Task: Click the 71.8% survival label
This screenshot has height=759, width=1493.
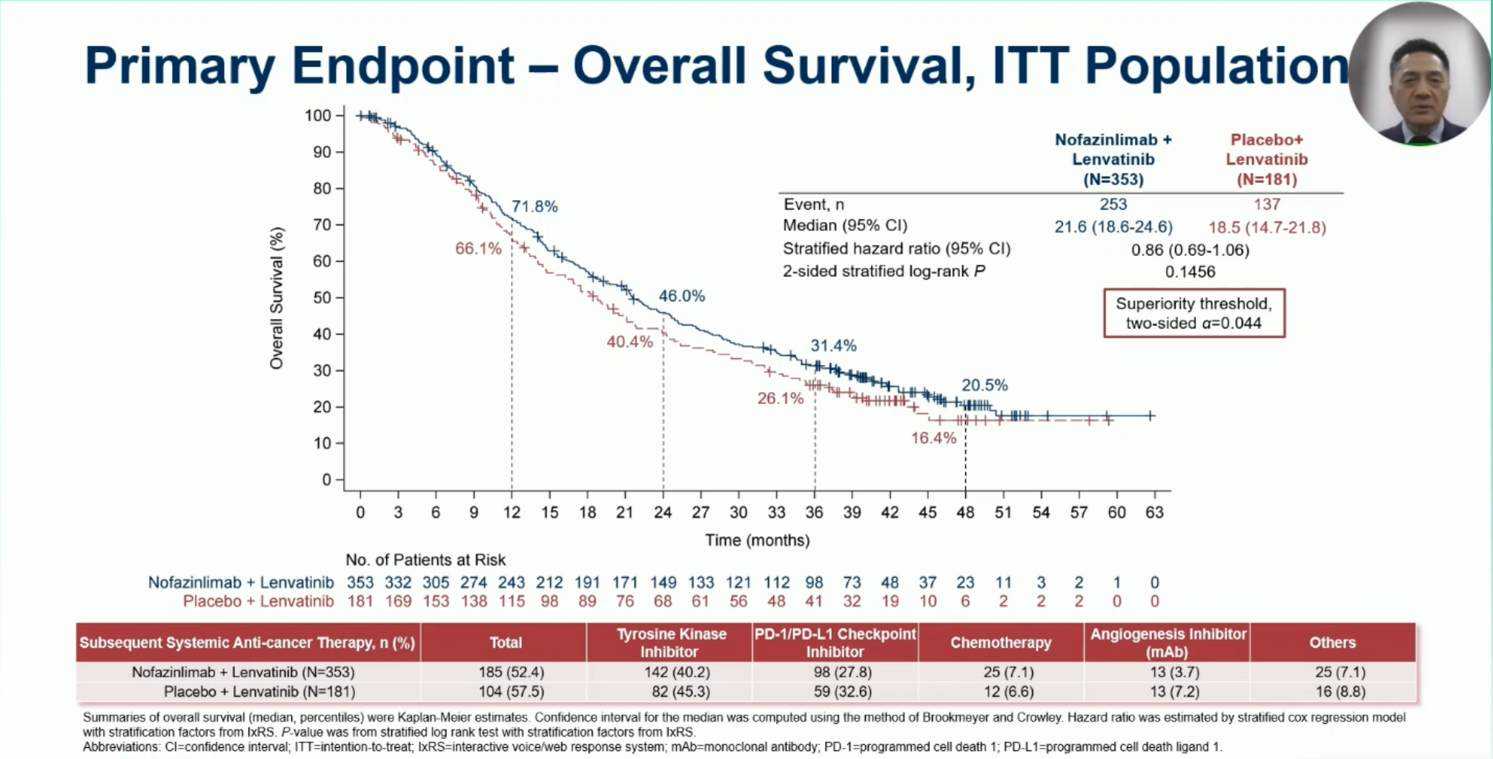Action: [534, 207]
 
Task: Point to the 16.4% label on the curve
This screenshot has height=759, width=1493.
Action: [933, 438]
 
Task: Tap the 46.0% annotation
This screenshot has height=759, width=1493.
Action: [681, 296]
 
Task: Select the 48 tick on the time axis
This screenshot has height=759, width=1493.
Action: [965, 512]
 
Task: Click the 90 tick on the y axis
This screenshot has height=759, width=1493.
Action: [322, 152]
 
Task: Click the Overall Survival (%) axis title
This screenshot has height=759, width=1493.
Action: [277, 298]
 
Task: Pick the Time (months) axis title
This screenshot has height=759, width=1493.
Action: [757, 540]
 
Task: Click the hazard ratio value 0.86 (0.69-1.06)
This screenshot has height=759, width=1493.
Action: [1190, 250]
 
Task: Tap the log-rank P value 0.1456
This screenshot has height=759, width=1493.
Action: [1190, 272]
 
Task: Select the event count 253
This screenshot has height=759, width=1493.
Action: [1113, 205]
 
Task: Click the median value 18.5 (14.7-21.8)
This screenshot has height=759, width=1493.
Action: [1267, 228]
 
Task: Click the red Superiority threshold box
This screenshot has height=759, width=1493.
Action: [1194, 314]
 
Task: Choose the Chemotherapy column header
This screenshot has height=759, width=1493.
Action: [1001, 643]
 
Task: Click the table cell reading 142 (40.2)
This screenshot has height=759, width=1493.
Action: [669, 672]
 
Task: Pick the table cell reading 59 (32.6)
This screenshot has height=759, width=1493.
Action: [835, 692]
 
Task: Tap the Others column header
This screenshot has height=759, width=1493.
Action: [1332, 643]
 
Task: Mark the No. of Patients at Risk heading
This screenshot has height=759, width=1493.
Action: [426, 560]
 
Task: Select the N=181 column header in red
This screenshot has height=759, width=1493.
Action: [1266, 179]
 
